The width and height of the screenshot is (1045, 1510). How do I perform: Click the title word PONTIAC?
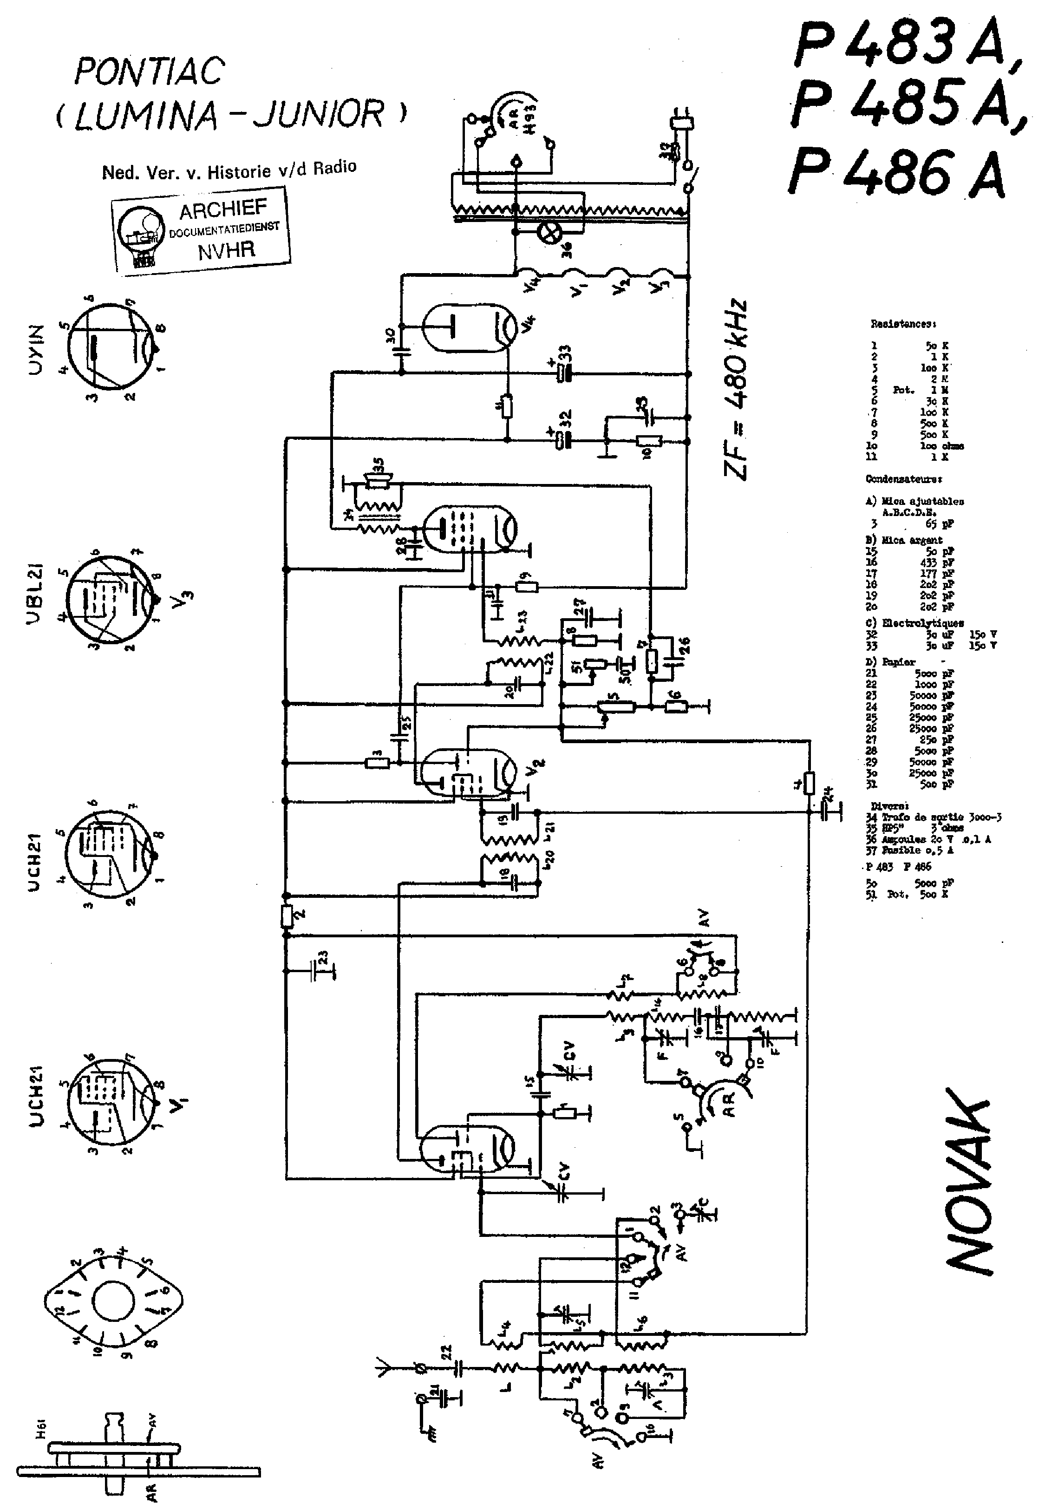[x=150, y=72]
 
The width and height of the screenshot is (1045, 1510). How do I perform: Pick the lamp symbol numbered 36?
[x=547, y=230]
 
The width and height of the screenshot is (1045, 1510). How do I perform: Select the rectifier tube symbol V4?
[x=468, y=328]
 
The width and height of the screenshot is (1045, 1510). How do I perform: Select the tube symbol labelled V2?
[x=468, y=773]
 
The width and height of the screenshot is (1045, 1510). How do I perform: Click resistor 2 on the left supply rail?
[x=286, y=915]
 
